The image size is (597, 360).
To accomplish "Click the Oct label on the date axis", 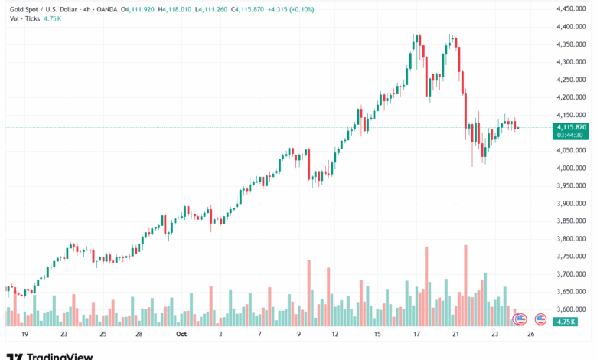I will [x=181, y=335].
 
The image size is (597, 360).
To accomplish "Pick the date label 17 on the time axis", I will [x=417, y=335].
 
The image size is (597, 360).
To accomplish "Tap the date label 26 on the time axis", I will [x=530, y=335].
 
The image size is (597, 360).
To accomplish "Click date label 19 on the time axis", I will [x=25, y=335].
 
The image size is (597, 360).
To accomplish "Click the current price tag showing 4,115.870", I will [x=573, y=127].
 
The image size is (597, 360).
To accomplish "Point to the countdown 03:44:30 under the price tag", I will [x=571, y=135].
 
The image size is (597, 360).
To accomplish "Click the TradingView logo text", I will [x=60, y=356].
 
